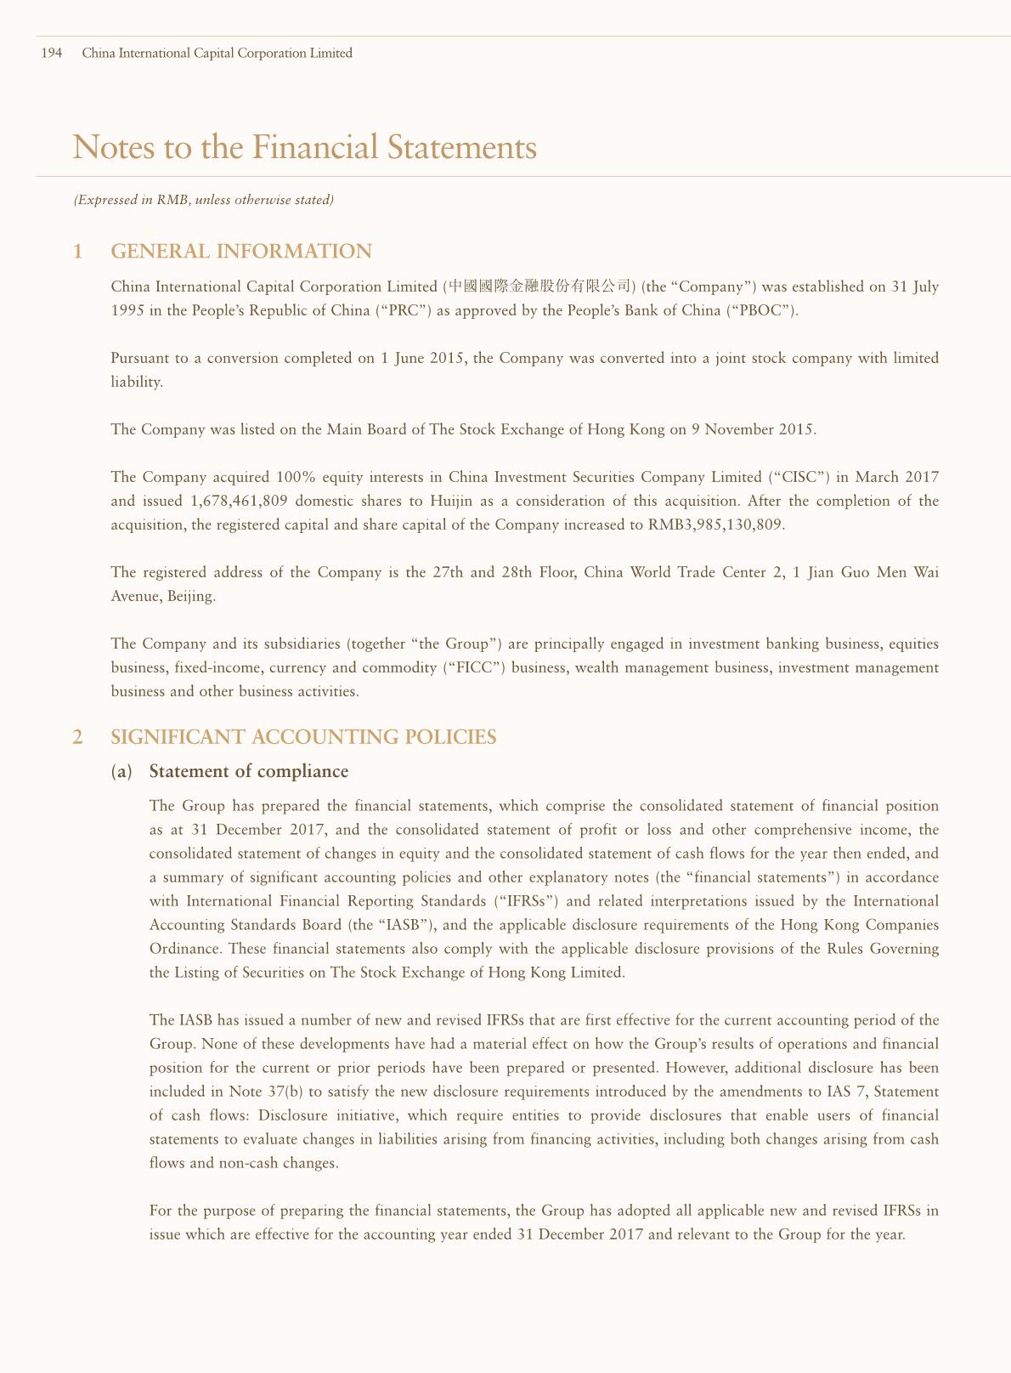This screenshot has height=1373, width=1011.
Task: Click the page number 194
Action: click(52, 54)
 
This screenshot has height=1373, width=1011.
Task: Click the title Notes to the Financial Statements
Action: click(305, 147)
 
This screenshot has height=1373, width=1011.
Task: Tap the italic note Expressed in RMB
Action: click(203, 201)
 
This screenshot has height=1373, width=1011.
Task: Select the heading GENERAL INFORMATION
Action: click(241, 252)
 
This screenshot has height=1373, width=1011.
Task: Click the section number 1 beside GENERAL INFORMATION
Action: click(78, 252)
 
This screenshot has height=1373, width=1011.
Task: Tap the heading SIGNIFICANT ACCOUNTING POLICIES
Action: click(303, 737)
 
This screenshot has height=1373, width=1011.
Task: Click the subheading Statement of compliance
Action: click(248, 771)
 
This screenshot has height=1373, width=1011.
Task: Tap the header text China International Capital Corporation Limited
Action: click(217, 54)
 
